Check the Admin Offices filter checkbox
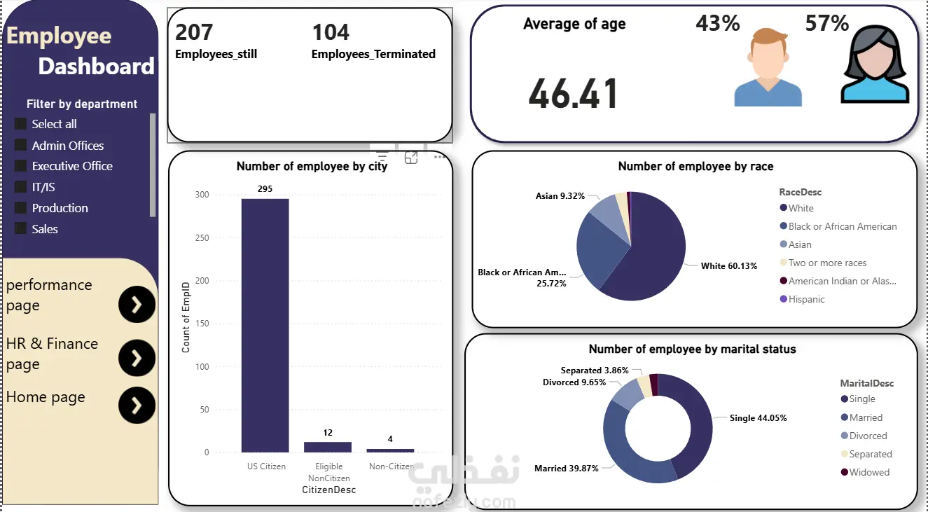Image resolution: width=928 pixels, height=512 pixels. tap(20, 146)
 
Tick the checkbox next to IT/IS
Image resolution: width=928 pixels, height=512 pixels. tap(20, 187)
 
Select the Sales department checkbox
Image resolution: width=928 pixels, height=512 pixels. tap(20, 229)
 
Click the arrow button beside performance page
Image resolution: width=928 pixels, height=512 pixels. tap(137, 305)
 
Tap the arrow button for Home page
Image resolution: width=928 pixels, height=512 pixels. tap(137, 405)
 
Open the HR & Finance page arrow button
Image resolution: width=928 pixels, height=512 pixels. tap(137, 358)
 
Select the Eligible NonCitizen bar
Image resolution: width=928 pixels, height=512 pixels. tap(328, 447)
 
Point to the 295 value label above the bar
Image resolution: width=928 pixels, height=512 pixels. tap(265, 189)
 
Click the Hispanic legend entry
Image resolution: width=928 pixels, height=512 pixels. tap(806, 299)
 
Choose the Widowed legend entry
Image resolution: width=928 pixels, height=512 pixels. tap(869, 472)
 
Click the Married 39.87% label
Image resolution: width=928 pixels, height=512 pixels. tap(566, 468)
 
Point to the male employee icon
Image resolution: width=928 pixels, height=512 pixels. tap(768, 68)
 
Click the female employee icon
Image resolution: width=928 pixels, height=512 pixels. tap(874, 67)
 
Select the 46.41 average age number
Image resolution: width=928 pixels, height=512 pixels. tap(574, 94)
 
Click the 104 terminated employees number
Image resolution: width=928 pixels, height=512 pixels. tap(331, 32)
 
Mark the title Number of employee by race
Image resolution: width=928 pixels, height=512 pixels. tap(695, 166)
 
